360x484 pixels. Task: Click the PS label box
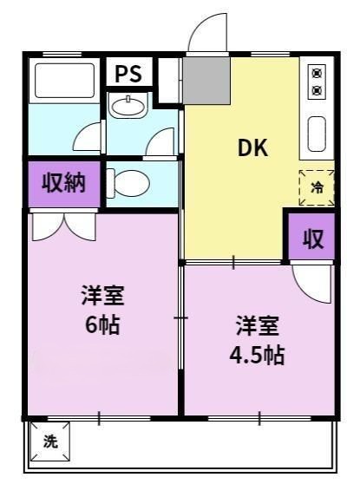pyautogui.click(x=129, y=72)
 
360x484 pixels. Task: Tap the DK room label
pyautogui.click(x=253, y=147)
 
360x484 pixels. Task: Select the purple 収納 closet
pyautogui.click(x=63, y=184)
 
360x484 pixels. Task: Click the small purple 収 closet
pyautogui.click(x=312, y=239)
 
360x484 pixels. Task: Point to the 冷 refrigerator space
pyautogui.click(x=316, y=186)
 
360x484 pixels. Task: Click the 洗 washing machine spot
pyautogui.click(x=50, y=440)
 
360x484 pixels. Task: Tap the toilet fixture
pyautogui.click(x=132, y=182)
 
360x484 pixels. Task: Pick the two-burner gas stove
pyautogui.click(x=317, y=81)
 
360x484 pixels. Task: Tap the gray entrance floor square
pyautogui.click(x=206, y=78)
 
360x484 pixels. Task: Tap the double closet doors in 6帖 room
pyautogui.click(x=63, y=226)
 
